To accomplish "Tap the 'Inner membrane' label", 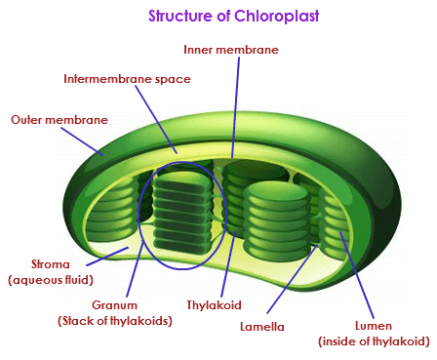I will pos(232,48).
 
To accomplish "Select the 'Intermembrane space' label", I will pos(127,78).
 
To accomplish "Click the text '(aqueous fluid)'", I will pos(50,280).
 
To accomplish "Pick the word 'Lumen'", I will pos(374,324).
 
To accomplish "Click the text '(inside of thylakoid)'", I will pos(374,340).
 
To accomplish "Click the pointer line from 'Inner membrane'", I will pos(234,107).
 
